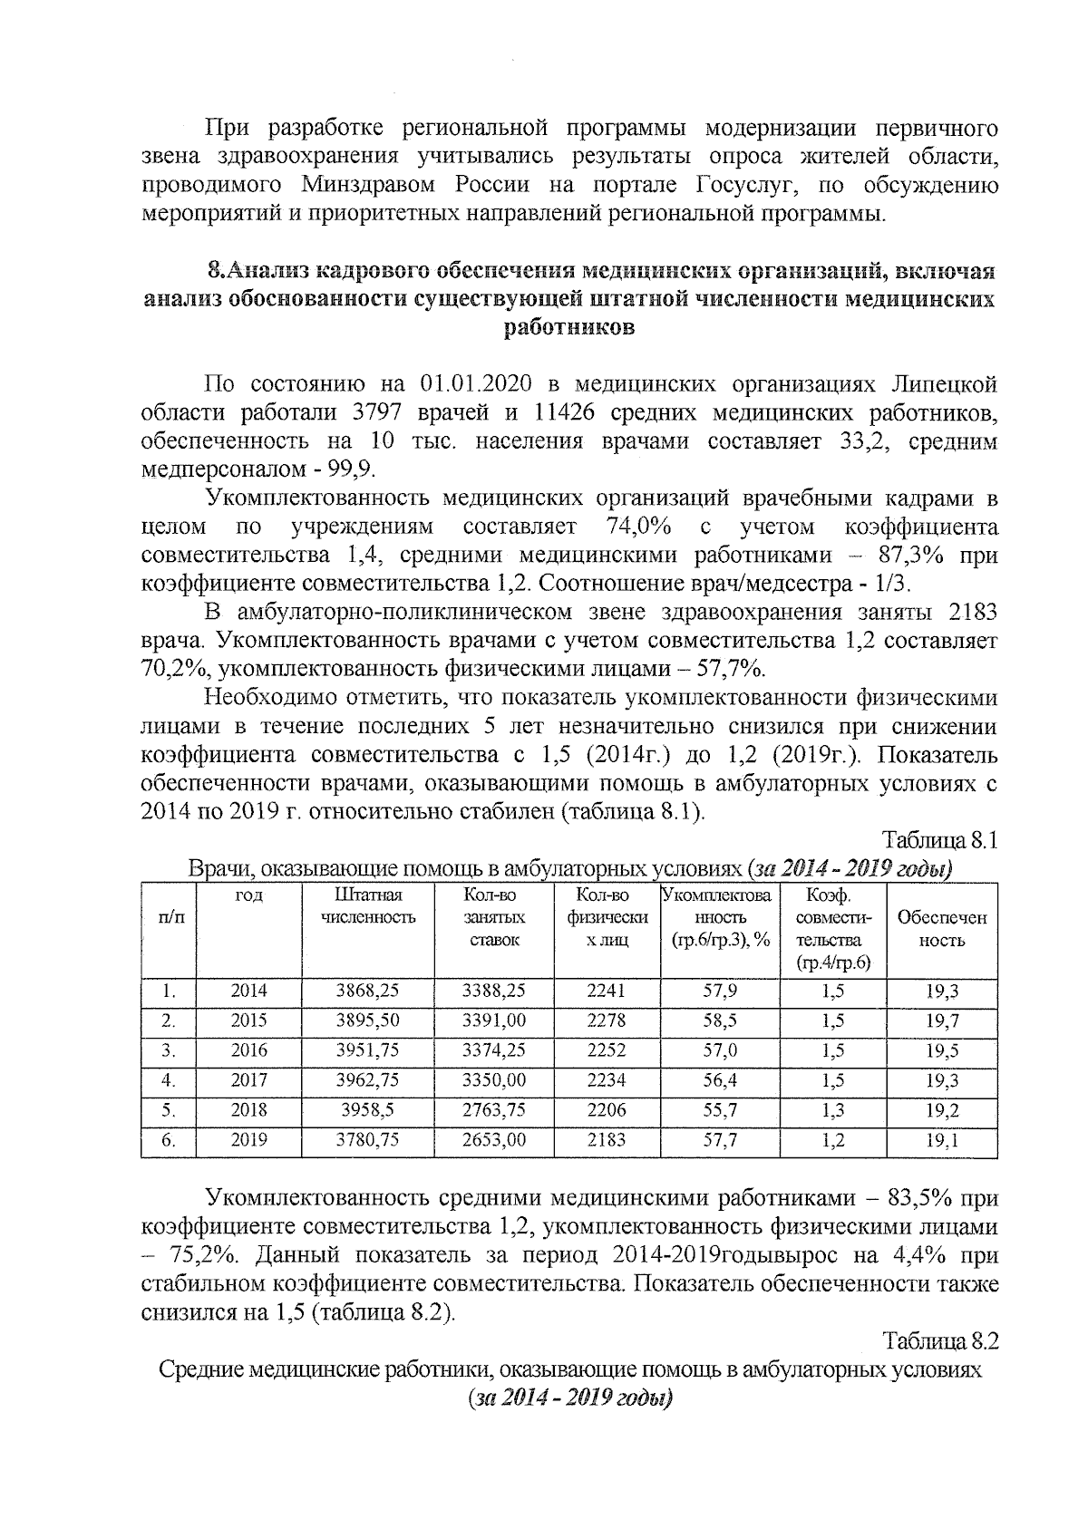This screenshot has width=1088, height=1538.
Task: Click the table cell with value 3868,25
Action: tap(367, 991)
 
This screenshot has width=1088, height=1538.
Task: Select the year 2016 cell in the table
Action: tap(248, 1051)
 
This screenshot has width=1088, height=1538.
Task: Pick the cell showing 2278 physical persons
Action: tap(606, 1021)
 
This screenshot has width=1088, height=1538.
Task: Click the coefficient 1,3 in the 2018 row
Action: tap(832, 1110)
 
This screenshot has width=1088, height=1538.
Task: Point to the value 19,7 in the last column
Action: tap(942, 1021)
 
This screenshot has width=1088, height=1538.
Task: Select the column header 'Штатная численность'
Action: tap(367, 906)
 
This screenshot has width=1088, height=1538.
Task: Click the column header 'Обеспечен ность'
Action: tap(942, 929)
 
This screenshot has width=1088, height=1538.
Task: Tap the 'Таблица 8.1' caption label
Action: tap(939, 840)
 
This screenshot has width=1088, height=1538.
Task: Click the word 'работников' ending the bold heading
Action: tap(569, 327)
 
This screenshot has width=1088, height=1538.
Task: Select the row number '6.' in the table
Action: tap(169, 1140)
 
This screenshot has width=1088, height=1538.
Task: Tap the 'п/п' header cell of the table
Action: tap(169, 917)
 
